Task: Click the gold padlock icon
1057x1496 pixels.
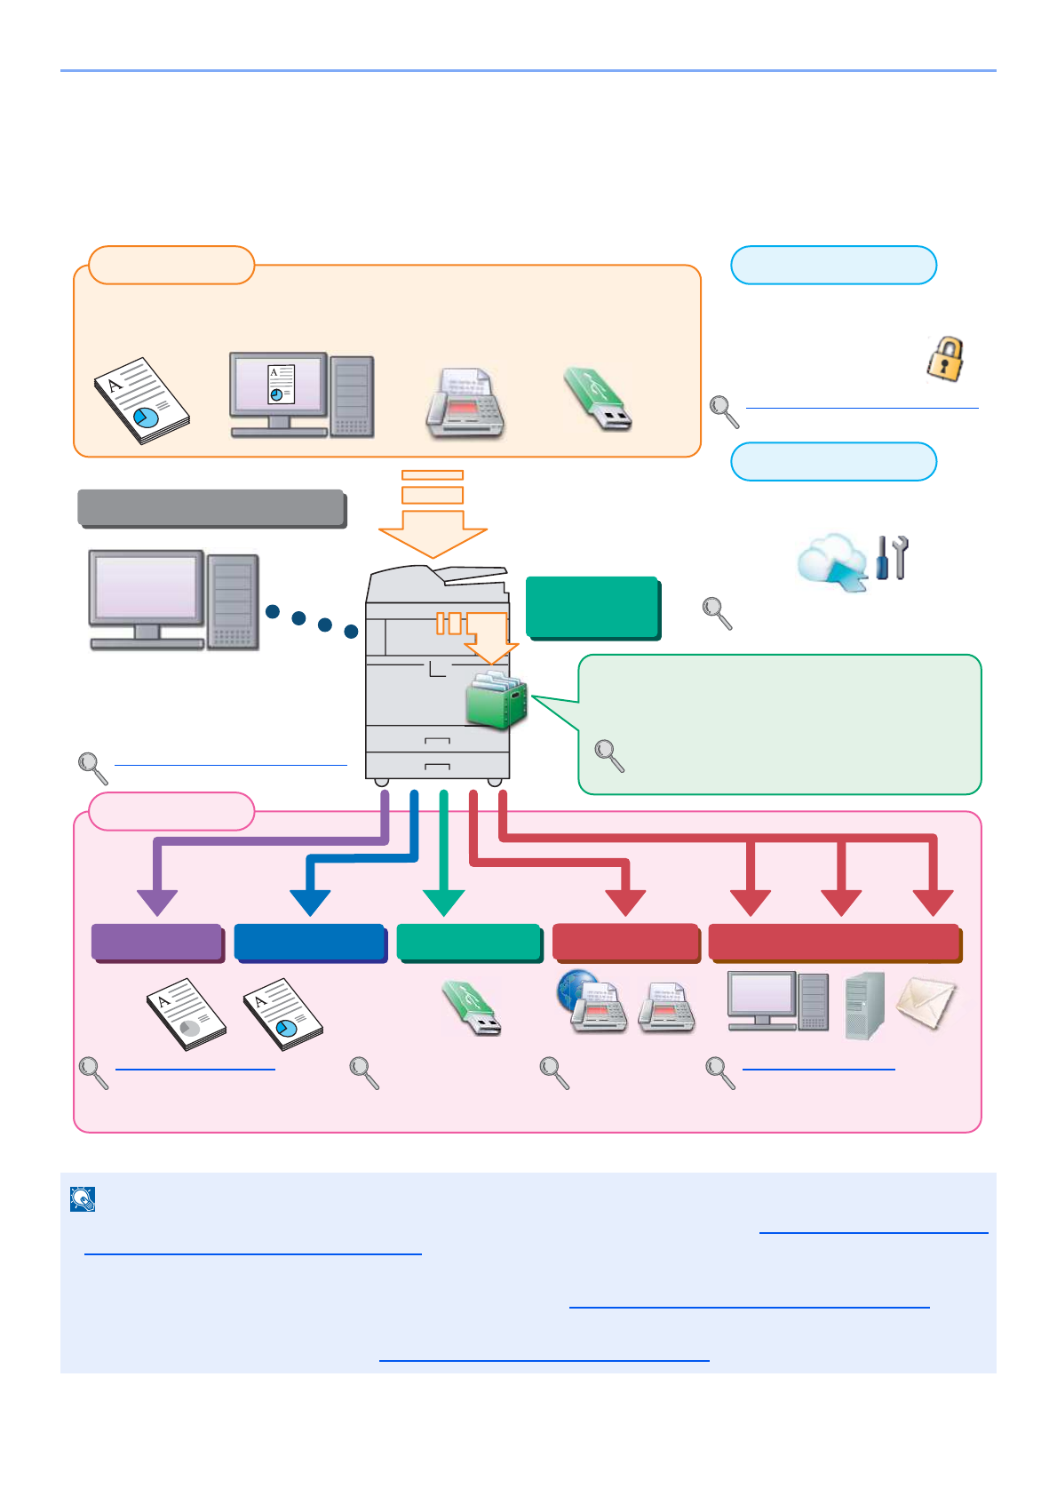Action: (x=946, y=359)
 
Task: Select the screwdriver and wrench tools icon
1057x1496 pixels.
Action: (x=892, y=558)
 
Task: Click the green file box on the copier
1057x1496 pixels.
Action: (x=497, y=701)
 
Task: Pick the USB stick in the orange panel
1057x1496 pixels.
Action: (x=598, y=400)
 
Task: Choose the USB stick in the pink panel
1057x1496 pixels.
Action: (x=473, y=1008)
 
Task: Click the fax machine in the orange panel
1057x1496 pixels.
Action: (x=465, y=402)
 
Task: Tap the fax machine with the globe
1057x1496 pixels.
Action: (x=592, y=1001)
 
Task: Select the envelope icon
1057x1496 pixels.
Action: (x=926, y=1004)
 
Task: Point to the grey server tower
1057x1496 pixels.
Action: (x=865, y=1006)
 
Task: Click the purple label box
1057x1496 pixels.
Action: (x=157, y=943)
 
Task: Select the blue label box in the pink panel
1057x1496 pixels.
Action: (x=310, y=943)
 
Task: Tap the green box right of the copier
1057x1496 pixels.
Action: (x=592, y=608)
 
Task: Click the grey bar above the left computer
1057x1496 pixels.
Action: (x=211, y=508)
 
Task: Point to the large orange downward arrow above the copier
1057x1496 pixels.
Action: (x=433, y=531)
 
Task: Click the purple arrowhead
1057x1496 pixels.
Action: (x=157, y=902)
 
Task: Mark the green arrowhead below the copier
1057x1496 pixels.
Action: (x=443, y=902)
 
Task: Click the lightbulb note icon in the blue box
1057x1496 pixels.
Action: (x=83, y=1199)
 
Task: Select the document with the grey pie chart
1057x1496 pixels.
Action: (x=187, y=1014)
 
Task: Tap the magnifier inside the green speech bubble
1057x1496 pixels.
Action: (x=609, y=755)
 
